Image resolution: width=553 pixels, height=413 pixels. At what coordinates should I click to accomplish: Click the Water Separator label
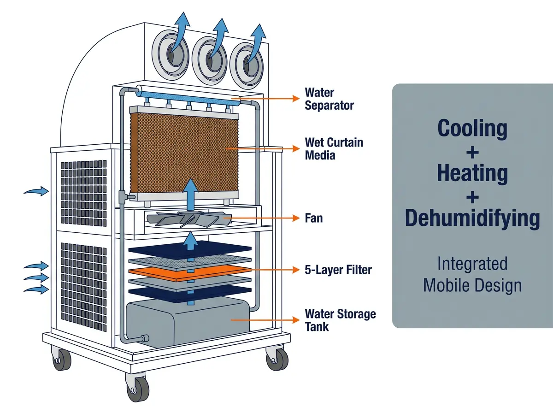[329, 99]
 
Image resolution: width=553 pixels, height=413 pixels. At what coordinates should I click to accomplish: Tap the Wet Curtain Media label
[334, 149]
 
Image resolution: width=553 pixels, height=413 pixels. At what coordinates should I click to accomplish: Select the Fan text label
[314, 218]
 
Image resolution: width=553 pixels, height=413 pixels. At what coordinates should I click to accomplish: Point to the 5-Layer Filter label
[338, 270]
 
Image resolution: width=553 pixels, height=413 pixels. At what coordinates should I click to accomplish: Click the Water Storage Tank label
[340, 320]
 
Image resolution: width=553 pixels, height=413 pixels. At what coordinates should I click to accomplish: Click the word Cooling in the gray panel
[472, 129]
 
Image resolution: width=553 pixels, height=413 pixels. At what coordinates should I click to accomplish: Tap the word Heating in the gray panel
[472, 173]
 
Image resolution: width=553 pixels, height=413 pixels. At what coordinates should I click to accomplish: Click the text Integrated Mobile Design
[472, 275]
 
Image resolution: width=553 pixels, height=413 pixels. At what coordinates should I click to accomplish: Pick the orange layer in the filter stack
[190, 273]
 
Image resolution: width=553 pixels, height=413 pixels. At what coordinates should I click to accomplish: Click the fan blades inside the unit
[189, 219]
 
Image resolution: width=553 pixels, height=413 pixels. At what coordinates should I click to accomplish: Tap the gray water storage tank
[188, 323]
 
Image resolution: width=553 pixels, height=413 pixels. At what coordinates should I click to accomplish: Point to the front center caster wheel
[137, 387]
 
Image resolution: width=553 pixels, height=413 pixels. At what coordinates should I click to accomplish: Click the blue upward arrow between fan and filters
[190, 241]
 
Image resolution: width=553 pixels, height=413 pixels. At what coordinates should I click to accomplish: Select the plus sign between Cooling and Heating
[472, 153]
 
